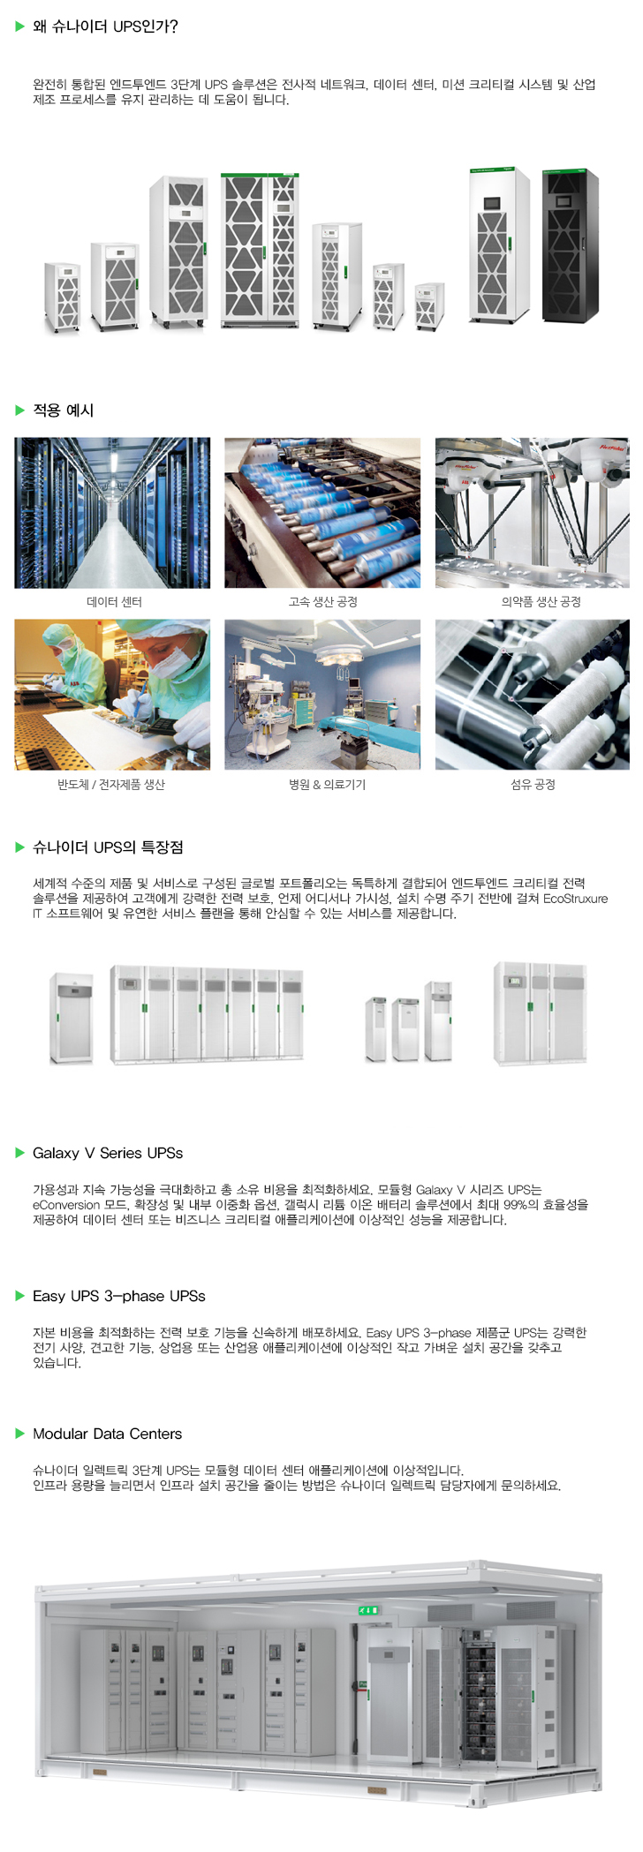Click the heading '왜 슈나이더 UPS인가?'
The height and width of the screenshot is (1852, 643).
[105, 26]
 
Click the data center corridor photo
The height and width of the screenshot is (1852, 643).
[112, 513]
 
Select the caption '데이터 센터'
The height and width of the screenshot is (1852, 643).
[114, 602]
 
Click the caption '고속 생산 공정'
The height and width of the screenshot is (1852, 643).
[323, 602]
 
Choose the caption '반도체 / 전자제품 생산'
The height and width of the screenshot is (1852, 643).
[111, 784]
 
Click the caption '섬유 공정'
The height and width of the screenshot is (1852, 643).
[533, 784]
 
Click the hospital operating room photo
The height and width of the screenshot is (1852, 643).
[322, 695]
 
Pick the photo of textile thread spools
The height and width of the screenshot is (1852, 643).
[533, 695]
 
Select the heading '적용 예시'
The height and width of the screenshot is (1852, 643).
[63, 410]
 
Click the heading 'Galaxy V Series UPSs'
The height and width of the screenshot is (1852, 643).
[108, 1153]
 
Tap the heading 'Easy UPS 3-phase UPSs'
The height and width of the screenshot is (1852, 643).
[119, 1296]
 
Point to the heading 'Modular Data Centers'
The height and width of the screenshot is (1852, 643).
[108, 1434]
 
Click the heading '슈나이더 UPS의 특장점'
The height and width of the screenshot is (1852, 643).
[108, 847]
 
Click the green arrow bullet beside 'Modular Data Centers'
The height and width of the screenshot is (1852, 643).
[20, 1434]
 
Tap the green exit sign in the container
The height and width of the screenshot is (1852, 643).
[368, 1610]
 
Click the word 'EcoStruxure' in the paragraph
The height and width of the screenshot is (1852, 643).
[576, 899]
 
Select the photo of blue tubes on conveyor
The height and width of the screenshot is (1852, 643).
[322, 513]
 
